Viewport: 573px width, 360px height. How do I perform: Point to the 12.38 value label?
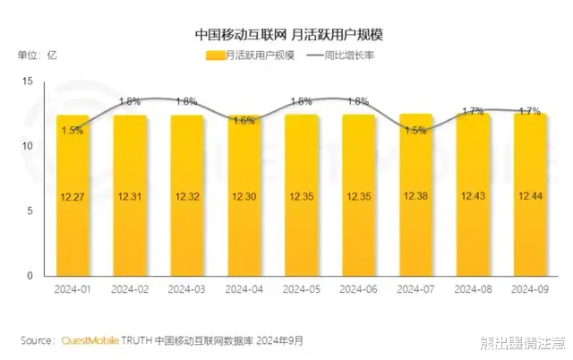coord(415,195)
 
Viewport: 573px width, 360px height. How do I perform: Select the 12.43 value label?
coord(473,195)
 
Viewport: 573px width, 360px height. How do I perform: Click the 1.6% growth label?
coord(244,121)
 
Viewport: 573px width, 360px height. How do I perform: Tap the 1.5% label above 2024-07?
coord(415,131)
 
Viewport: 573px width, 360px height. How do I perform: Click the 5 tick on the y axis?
coord(29,211)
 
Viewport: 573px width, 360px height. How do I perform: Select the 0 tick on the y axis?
coord(29,276)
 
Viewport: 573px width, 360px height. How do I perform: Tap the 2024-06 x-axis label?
coord(358,290)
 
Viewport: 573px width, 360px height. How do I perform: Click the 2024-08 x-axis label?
coord(473,290)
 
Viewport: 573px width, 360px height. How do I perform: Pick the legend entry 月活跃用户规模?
coord(254,56)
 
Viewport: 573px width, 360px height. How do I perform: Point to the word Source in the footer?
coord(37,341)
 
